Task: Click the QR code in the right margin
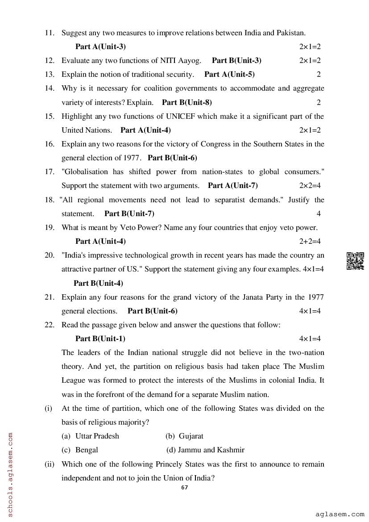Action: (x=355, y=261)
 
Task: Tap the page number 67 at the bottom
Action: (x=184, y=487)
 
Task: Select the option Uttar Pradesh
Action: (x=97, y=436)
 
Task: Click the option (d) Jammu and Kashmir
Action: (x=205, y=450)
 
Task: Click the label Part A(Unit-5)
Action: (x=229, y=74)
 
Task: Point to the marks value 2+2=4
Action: (x=310, y=241)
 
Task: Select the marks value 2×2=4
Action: (x=310, y=185)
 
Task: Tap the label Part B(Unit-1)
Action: (x=100, y=338)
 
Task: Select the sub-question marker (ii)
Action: (x=49, y=464)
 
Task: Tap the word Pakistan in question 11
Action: (x=291, y=33)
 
